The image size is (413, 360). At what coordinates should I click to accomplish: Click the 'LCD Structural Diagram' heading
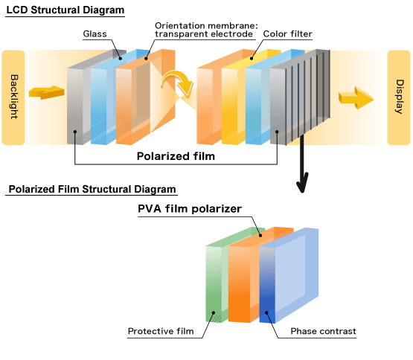point(65,10)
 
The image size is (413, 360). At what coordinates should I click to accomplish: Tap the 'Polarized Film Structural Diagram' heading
point(92,189)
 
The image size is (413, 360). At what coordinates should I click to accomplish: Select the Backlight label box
point(13,97)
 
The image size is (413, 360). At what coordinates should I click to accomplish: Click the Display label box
point(399,97)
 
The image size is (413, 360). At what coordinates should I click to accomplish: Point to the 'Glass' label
point(95,33)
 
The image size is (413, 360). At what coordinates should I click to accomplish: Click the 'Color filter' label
point(288,33)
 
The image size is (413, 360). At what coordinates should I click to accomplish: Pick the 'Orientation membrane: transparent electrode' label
point(206,30)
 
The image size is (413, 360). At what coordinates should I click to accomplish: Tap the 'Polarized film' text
point(176,156)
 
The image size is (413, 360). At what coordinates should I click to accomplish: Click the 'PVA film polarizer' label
point(190,209)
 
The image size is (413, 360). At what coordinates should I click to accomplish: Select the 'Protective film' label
point(161,331)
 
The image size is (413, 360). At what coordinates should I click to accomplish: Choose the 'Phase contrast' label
point(323,331)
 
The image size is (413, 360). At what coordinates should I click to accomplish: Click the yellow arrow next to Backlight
point(47,92)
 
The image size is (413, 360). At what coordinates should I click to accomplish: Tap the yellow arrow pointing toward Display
point(356,98)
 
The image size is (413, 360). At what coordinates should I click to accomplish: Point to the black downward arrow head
point(302,182)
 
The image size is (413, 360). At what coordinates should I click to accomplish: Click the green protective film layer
point(214,283)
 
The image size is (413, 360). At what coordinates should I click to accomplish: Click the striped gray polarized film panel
point(300,97)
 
